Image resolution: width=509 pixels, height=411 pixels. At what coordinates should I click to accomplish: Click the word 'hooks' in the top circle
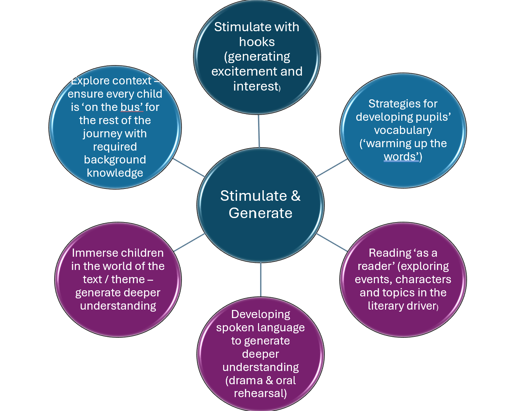(x=257, y=42)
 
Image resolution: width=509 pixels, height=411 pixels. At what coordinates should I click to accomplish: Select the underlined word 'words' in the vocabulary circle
(x=401, y=157)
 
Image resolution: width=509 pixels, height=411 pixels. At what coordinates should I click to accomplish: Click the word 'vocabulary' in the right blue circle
(x=403, y=130)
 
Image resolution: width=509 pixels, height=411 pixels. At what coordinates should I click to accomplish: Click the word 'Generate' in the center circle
(x=260, y=213)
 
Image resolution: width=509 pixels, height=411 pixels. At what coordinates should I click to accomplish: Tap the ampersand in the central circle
(x=295, y=196)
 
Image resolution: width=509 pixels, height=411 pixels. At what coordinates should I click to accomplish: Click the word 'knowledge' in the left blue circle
(x=115, y=173)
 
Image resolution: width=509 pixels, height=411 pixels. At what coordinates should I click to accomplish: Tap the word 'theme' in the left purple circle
(x=128, y=279)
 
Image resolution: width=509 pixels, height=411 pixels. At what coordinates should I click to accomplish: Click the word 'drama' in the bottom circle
(x=246, y=380)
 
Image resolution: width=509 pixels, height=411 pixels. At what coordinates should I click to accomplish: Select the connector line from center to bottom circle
(x=260, y=279)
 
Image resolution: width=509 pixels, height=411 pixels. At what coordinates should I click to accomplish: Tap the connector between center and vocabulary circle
(x=332, y=168)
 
